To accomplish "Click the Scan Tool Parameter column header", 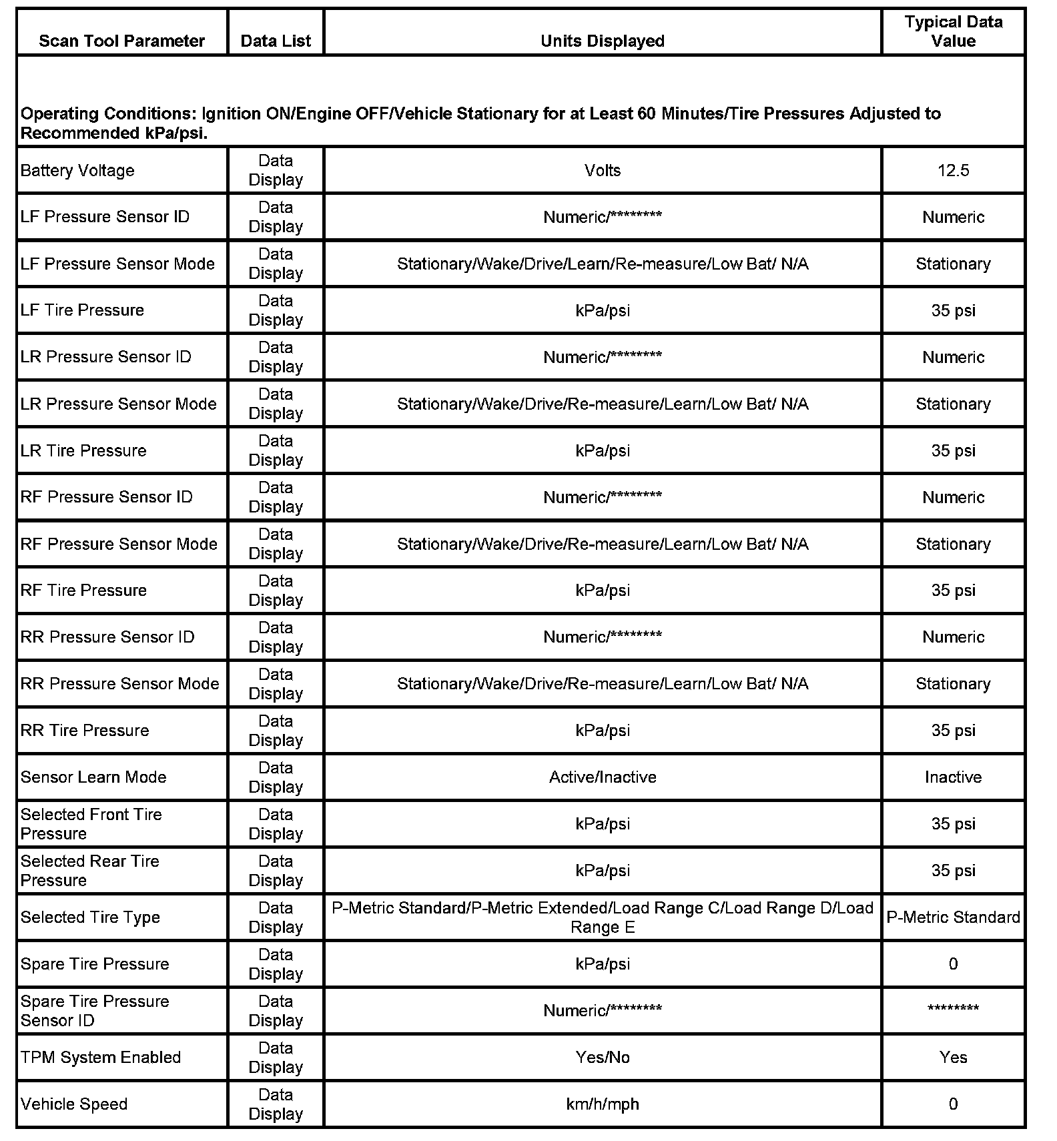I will (x=121, y=41).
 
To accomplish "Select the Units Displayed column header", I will (x=602, y=41).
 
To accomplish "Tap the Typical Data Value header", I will (x=953, y=31).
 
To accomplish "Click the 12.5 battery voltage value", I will (x=953, y=171).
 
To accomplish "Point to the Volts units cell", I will (x=602, y=171).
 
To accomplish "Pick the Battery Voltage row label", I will (x=77, y=171).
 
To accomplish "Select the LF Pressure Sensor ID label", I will (x=105, y=217).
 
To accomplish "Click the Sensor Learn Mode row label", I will (x=93, y=777).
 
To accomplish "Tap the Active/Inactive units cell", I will (x=602, y=777).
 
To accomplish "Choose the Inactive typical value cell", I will (x=953, y=777).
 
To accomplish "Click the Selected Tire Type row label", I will (x=90, y=917).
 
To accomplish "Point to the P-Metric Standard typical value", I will (x=953, y=917).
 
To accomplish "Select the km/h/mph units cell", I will (x=602, y=1104).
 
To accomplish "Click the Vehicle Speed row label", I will (x=74, y=1104).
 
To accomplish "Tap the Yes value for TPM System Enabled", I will (x=953, y=1058).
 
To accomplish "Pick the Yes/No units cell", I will (x=602, y=1058).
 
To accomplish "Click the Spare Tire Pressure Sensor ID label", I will (x=95, y=1011).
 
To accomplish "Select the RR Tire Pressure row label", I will (x=85, y=731).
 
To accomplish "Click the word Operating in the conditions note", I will (x=59, y=114).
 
